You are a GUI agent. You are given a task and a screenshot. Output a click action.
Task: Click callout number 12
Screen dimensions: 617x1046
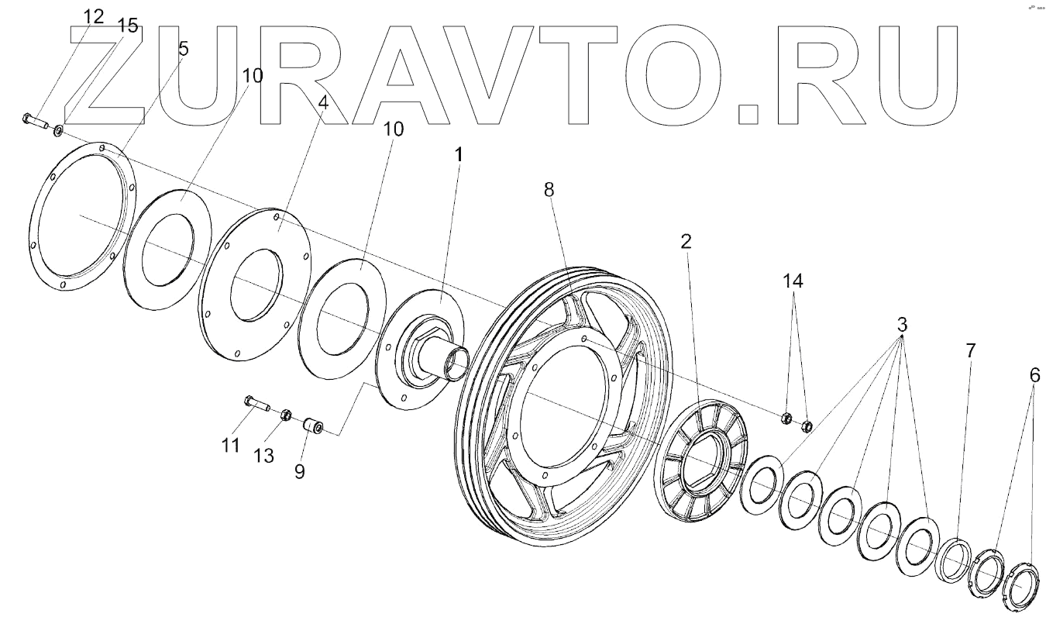pyautogui.click(x=92, y=17)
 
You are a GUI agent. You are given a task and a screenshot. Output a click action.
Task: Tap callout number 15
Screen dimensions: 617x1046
pyautogui.click(x=128, y=26)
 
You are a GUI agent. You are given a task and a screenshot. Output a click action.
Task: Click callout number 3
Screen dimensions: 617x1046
pyautogui.click(x=902, y=326)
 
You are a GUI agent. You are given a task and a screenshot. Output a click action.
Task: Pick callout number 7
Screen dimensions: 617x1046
pyautogui.click(x=970, y=350)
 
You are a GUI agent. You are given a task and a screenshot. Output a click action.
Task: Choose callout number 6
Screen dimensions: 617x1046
pyautogui.click(x=1034, y=375)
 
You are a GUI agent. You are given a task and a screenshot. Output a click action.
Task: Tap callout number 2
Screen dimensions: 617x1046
pyautogui.click(x=686, y=241)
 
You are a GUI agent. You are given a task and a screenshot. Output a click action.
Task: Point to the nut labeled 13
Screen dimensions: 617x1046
pyautogui.click(x=285, y=415)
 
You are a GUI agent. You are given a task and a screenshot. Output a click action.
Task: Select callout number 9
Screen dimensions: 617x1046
pyautogui.click(x=298, y=471)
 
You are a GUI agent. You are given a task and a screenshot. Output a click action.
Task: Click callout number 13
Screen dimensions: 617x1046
pyautogui.click(x=263, y=456)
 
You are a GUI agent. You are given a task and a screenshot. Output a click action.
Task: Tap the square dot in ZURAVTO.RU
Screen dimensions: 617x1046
pyautogui.click(x=748, y=113)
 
